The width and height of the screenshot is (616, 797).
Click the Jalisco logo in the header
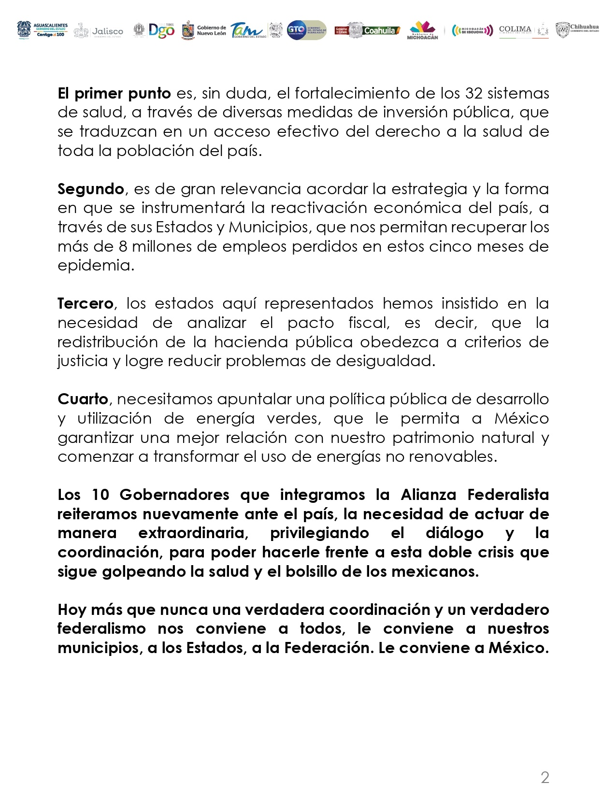point(99,31)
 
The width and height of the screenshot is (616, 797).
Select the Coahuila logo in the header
point(368,30)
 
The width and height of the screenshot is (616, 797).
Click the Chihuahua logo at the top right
point(577,30)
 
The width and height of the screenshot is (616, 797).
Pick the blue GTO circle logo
point(296,30)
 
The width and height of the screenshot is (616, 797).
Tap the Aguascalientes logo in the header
point(43,30)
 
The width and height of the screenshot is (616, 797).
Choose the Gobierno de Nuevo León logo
point(204,30)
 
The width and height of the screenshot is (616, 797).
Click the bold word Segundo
point(91,189)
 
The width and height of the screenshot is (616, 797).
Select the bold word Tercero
point(85,303)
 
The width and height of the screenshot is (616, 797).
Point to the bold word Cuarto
point(83,399)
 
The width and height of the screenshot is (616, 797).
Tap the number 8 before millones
point(123,246)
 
